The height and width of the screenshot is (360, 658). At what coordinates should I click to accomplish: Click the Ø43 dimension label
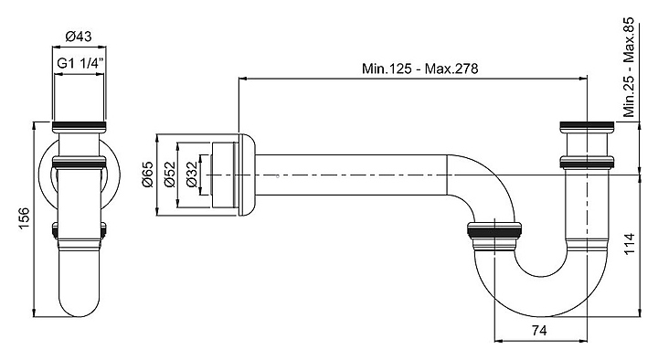(79, 37)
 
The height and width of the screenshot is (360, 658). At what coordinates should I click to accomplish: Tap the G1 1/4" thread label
(80, 63)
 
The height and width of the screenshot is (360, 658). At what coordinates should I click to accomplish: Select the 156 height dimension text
(24, 218)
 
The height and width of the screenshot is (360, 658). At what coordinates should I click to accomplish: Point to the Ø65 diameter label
(148, 175)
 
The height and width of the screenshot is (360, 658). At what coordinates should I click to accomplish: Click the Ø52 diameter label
(170, 175)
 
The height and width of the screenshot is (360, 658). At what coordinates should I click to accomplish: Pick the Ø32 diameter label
(191, 175)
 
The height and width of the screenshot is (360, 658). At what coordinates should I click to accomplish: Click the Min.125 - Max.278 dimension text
(420, 69)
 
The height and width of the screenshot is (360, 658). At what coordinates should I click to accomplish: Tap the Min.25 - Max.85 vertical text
(629, 67)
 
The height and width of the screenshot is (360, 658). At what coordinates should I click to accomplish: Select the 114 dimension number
(630, 244)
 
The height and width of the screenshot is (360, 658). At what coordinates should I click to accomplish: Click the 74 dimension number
(539, 331)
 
